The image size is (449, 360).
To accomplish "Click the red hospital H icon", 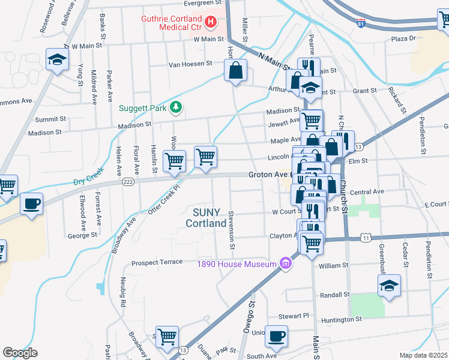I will coord(211,23).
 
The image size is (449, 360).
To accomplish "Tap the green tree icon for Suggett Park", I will coord(176,107).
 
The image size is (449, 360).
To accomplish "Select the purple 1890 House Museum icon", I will coord(286,263).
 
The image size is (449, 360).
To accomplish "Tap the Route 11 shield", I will coord(366,238).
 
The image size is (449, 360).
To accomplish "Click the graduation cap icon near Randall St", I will coord(389,286).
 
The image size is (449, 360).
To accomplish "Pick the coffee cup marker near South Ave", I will coord(276,337).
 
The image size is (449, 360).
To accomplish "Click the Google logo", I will coord(20,353).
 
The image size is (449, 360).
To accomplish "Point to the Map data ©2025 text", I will coord(424,355).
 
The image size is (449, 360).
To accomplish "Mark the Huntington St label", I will coord(342,320).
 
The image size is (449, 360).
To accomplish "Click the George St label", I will coord(82,236).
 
